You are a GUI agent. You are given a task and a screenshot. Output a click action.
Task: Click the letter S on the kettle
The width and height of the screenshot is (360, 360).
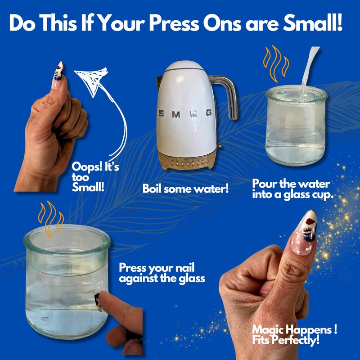pyautogui.click(x=162, y=113)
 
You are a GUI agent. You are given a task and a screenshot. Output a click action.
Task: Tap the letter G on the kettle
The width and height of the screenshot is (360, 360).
pyautogui.click(x=209, y=112)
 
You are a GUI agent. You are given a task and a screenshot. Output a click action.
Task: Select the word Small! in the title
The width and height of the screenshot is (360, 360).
pyautogui.click(x=312, y=23)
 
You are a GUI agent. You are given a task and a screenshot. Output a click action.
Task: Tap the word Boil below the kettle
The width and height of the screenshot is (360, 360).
pyautogui.click(x=152, y=189)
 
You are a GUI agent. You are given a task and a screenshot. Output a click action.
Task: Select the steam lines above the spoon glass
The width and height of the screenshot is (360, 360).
pyautogui.click(x=276, y=63)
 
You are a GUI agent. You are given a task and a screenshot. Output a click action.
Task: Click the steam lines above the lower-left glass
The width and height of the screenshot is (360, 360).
pyautogui.click(x=51, y=218)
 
